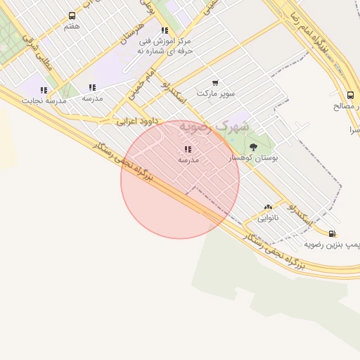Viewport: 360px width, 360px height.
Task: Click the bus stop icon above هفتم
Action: [72, 15]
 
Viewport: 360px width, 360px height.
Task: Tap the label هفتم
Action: [72, 26]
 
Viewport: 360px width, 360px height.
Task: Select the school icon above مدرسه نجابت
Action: [44, 90]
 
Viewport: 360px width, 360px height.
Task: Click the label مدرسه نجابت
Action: [44, 101]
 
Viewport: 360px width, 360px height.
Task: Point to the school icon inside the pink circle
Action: [187, 149]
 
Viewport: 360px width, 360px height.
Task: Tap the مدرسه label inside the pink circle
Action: [188, 160]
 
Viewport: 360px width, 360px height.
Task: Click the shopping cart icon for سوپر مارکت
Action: [215, 83]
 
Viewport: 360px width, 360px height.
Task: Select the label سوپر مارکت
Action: [215, 93]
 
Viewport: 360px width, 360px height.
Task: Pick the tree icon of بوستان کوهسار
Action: [253, 147]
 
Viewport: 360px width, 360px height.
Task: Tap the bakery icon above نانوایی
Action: [267, 207]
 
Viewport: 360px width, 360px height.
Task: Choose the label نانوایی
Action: [267, 217]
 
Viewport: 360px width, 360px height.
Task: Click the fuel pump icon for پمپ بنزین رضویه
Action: [331, 233]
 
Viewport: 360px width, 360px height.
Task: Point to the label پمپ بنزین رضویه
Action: [332, 244]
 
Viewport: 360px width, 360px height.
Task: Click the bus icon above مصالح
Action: [350, 96]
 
